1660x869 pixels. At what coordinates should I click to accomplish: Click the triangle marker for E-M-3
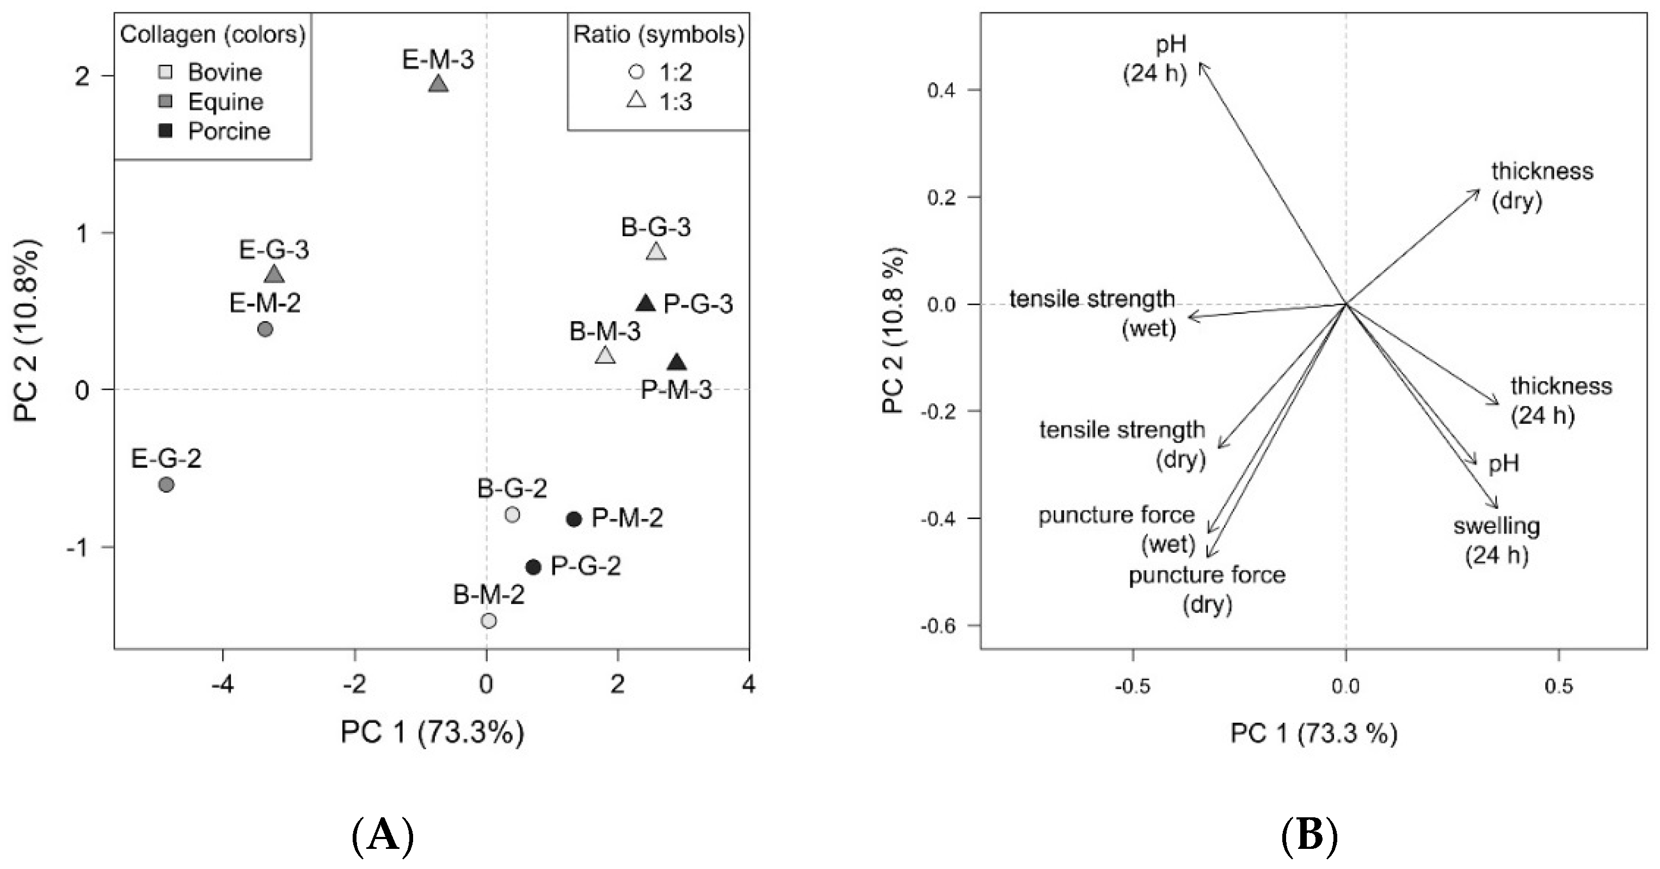click(x=438, y=84)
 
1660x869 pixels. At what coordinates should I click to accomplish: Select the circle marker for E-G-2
click(x=166, y=484)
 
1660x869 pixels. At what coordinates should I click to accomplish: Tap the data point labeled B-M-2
click(x=489, y=620)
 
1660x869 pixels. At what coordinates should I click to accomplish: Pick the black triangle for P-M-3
click(x=677, y=363)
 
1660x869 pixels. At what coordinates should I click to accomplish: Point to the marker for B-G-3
click(x=656, y=251)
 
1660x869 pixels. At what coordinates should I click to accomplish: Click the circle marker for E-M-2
click(x=265, y=329)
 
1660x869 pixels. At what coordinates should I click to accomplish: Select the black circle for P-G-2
click(x=533, y=567)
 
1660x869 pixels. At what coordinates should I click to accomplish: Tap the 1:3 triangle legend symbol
click(x=637, y=101)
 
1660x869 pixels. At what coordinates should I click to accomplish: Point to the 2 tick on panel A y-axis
click(x=82, y=76)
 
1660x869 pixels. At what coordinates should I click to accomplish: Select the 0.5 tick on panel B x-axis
click(x=1558, y=687)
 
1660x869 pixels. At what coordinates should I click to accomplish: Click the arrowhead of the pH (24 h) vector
click(x=1201, y=64)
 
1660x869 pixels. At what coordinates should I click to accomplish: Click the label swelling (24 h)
click(x=1496, y=540)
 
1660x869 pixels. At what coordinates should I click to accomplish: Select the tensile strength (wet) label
click(x=1093, y=314)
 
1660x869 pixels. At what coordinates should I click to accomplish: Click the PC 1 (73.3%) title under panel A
click(x=432, y=732)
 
